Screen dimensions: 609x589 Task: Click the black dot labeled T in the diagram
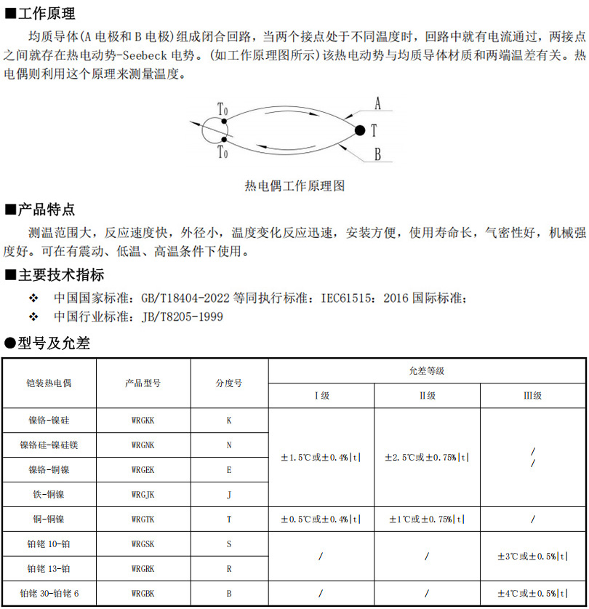coord(359,130)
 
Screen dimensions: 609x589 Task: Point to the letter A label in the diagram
coord(377,103)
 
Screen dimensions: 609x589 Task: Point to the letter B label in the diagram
coord(377,154)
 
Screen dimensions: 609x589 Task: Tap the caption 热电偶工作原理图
coord(294,186)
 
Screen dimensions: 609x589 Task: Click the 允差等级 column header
coord(427,371)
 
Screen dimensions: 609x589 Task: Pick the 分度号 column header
coord(229,383)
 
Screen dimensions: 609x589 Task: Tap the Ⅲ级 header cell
coord(533,396)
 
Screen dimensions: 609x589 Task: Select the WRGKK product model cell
coord(143,421)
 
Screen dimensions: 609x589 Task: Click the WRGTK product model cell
coord(143,520)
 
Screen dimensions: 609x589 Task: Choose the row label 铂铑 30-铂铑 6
coord(49,594)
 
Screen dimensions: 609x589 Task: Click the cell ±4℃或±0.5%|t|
coord(532,594)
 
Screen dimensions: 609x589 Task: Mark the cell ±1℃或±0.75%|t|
coord(427,520)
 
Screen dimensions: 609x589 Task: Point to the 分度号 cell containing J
coord(229,495)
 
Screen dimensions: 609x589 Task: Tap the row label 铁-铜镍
coord(49,495)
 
